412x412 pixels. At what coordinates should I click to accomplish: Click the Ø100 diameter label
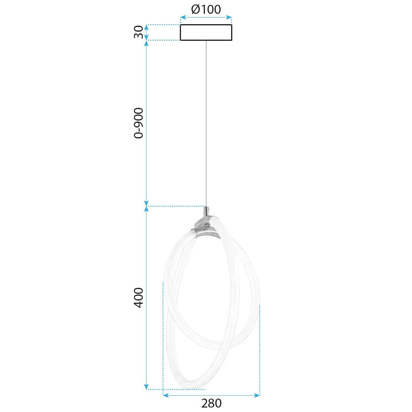pos(206,9)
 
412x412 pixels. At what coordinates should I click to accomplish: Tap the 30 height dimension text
pos(139,32)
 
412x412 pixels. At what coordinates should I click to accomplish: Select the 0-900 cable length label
pos(138,123)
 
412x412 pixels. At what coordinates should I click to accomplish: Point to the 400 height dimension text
pos(138,297)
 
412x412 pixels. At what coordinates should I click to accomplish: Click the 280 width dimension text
pos(211,403)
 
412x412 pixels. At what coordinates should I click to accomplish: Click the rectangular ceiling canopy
pos(206,32)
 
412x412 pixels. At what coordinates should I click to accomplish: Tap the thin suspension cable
pos(206,123)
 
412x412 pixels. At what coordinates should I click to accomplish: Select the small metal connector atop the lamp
pos(206,212)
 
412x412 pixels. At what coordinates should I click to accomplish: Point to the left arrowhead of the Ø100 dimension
pos(182,17)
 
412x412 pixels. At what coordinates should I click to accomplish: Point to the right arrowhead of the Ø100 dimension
pos(230,17)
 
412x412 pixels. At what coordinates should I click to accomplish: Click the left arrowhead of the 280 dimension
pos(165,395)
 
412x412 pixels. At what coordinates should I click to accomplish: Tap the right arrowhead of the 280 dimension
pos(258,395)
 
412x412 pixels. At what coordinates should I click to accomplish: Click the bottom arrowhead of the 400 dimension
pos(147,387)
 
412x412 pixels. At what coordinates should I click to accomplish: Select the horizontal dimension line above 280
pos(211,395)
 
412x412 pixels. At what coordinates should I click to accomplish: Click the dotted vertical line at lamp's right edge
pos(260,350)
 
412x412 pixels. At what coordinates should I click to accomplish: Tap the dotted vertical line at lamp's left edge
pos(163,335)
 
